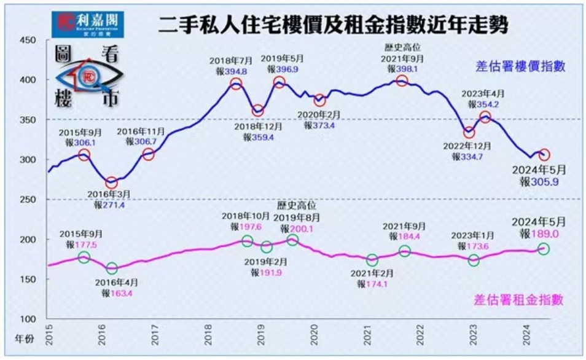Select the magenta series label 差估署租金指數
(519, 300)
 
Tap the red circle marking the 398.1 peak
(402, 81)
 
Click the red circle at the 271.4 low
(111, 182)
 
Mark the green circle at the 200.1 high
(292, 240)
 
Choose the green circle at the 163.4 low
(111, 268)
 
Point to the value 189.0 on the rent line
(548, 233)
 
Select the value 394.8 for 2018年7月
(236, 71)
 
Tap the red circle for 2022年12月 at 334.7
(469, 133)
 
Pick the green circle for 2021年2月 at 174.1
(372, 260)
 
